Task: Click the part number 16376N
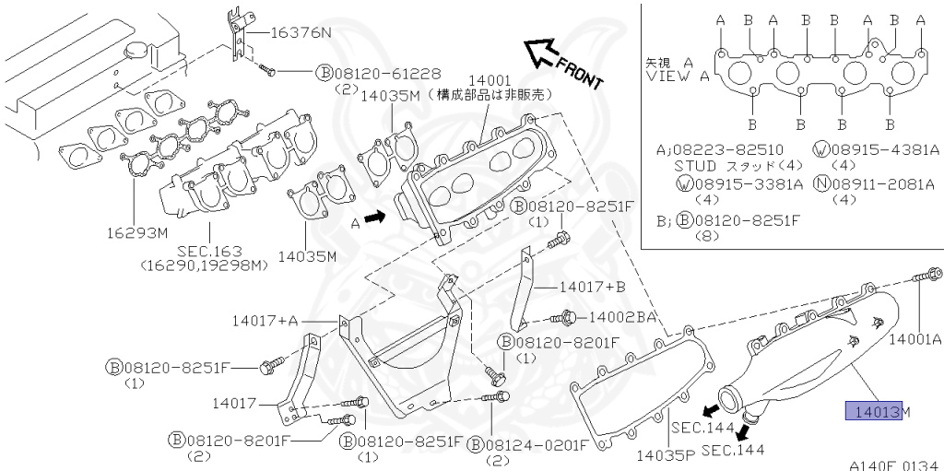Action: click(x=300, y=32)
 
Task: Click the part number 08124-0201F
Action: click(x=537, y=445)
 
